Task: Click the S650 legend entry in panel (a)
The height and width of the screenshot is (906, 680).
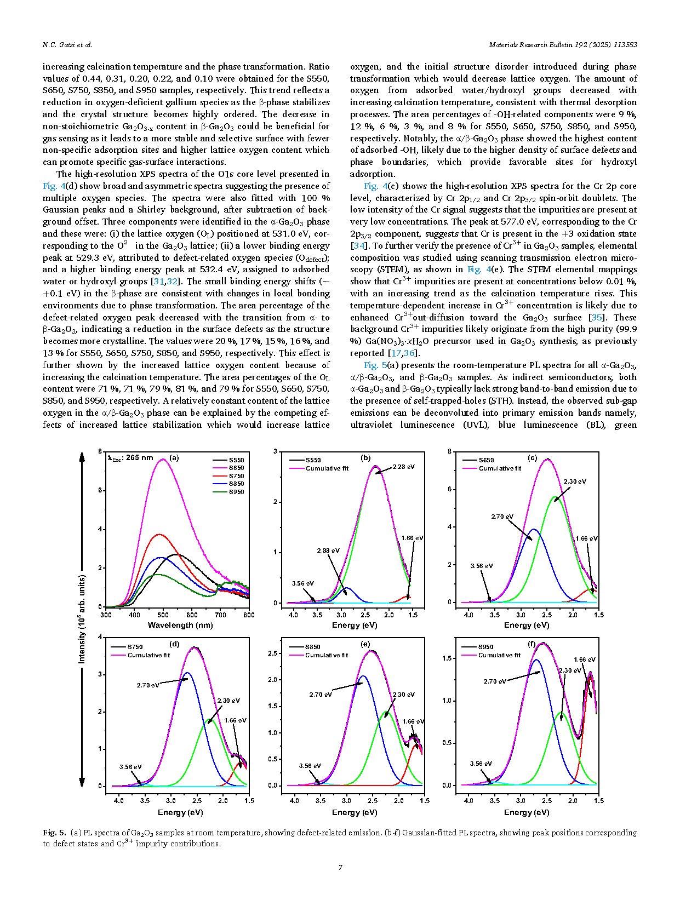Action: (x=228, y=468)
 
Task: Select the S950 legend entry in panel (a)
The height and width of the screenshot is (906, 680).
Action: (x=228, y=491)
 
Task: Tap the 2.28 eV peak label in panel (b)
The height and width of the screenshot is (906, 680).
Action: (x=403, y=466)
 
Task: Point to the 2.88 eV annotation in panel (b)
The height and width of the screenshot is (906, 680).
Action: (x=328, y=550)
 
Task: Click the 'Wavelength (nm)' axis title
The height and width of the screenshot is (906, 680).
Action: (x=180, y=625)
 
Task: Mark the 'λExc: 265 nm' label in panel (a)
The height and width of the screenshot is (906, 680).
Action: (x=130, y=458)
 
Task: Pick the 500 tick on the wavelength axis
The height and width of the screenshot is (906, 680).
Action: (x=163, y=615)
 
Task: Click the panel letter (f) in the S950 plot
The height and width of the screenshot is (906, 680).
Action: (x=532, y=644)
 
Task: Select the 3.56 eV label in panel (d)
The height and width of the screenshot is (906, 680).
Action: (x=130, y=766)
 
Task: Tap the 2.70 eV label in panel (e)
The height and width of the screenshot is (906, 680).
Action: (x=321, y=694)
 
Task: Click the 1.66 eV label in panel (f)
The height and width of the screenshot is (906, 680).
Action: (x=585, y=659)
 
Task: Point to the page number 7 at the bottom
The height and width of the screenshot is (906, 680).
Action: (x=340, y=867)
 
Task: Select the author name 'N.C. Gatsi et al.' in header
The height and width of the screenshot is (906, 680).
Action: (x=67, y=44)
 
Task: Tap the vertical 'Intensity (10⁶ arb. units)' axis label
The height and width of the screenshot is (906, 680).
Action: (x=82, y=619)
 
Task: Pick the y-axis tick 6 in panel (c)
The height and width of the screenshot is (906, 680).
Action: (x=450, y=489)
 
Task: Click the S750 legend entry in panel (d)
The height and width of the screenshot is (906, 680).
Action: (x=127, y=647)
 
